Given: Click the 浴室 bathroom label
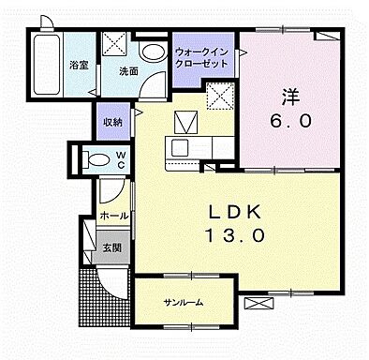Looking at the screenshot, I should click(79, 66).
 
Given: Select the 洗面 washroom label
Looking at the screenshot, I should click(128, 69).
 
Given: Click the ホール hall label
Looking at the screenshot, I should click(113, 217).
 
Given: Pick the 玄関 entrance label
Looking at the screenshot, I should click(111, 248).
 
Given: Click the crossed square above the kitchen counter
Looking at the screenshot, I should click(184, 119).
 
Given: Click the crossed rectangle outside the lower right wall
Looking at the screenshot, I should click(255, 304).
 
